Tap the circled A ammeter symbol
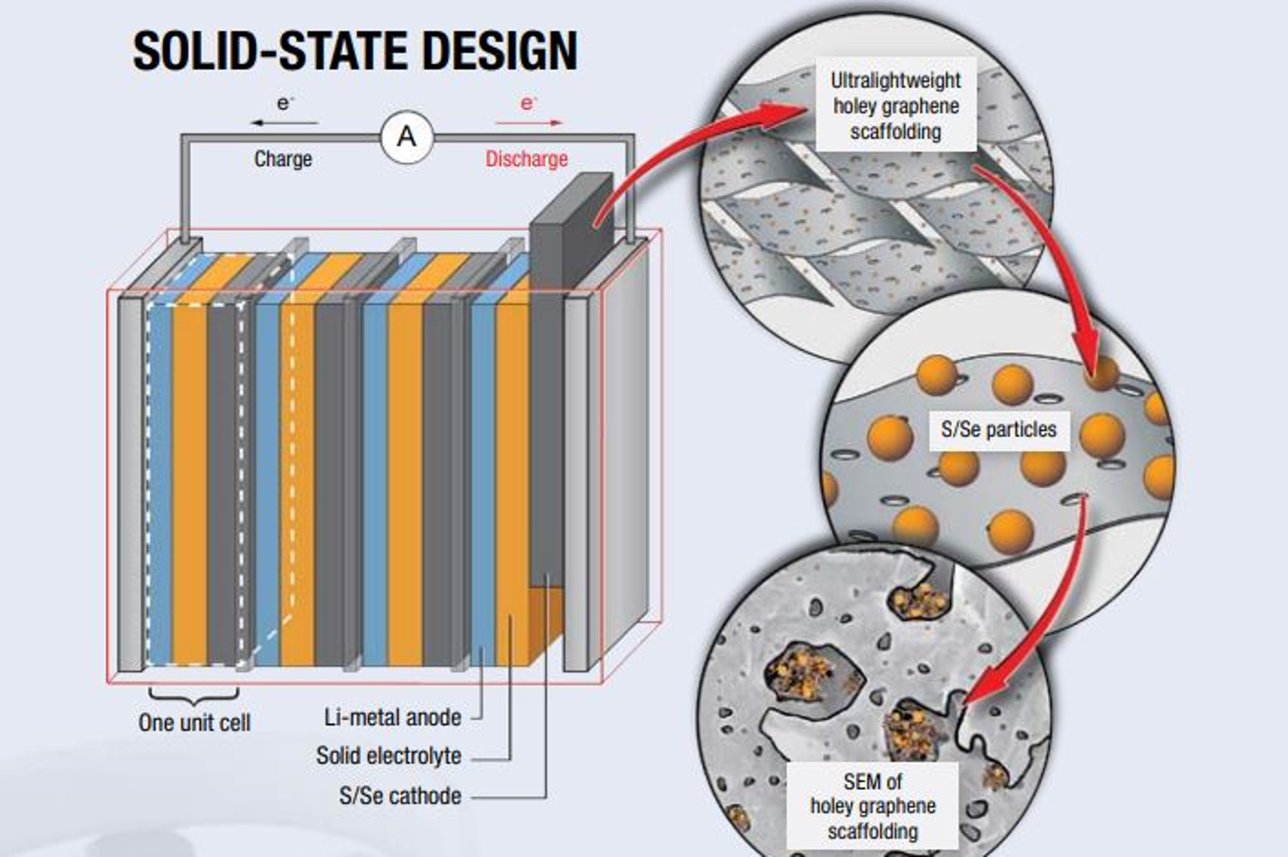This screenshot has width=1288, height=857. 407,137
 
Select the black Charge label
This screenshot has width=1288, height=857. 283,159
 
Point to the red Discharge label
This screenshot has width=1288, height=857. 526,159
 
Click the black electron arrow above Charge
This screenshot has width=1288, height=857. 283,123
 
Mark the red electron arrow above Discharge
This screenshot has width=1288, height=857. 529,123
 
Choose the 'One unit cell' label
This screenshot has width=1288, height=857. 194,723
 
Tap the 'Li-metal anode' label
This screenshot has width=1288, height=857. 392,717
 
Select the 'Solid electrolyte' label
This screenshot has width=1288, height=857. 388,756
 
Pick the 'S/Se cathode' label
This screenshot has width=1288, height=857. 400,796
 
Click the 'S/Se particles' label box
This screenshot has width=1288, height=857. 999,429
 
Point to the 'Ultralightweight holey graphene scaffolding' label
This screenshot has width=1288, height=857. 896,106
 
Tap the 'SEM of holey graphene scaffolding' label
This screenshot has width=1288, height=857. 872,806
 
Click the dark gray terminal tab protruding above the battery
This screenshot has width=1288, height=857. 571,215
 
